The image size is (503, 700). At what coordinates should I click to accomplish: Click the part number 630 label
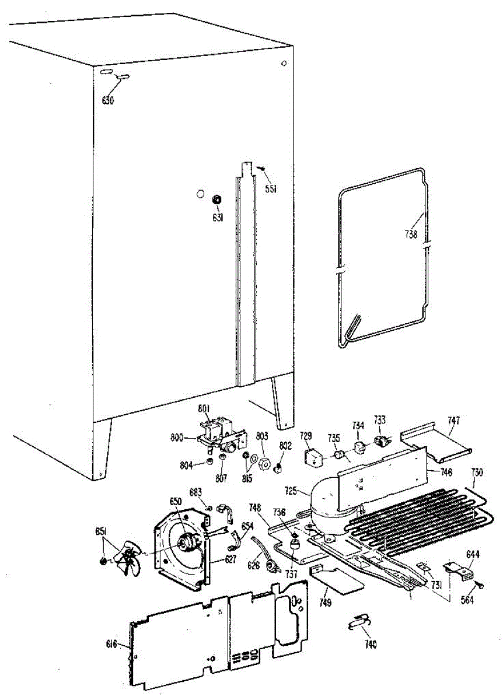tap(107, 100)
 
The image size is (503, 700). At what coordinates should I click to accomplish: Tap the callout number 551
tap(270, 188)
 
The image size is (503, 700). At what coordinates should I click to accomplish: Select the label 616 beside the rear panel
tap(111, 644)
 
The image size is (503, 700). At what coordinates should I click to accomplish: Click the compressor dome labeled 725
tap(327, 502)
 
